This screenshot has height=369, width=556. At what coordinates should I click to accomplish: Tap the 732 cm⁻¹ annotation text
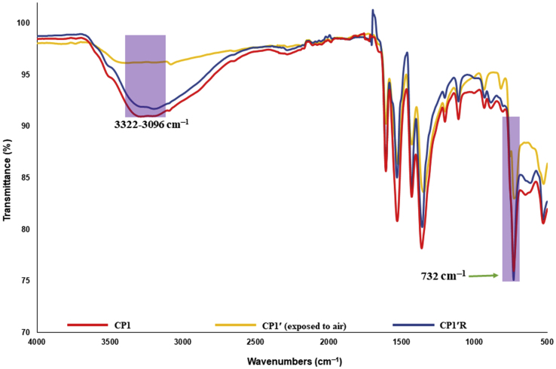(x=442, y=276)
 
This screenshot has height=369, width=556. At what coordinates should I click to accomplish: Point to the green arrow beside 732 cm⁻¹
(x=484, y=276)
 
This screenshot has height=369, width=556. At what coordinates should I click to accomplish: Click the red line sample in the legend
(x=84, y=325)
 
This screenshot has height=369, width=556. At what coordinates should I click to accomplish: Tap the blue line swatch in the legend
(x=411, y=325)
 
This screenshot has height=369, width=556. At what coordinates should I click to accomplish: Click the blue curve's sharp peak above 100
(x=373, y=11)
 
